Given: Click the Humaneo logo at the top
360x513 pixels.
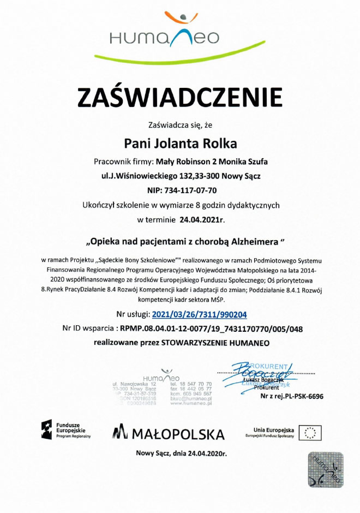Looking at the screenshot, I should pos(164,33).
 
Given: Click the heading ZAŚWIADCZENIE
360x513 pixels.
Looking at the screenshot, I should pos(180,97).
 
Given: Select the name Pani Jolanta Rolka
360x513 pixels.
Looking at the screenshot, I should pos(181,144).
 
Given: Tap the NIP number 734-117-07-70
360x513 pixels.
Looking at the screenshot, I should pos(194,191).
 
